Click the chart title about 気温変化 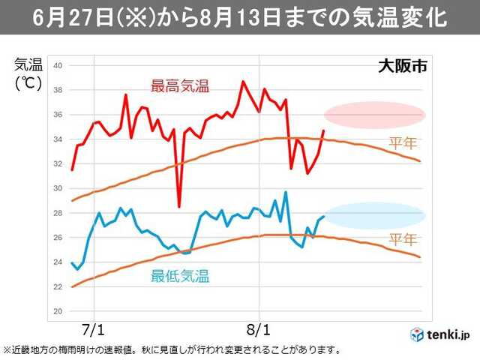tap(240, 17)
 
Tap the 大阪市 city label tap(402, 65)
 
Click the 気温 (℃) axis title tap(28, 73)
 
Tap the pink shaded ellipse tap(374, 115)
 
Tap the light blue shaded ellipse tap(374, 215)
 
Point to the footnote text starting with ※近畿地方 tap(172, 349)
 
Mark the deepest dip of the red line tap(179, 206)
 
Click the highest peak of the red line tap(243, 81)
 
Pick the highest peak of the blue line tap(286, 192)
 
